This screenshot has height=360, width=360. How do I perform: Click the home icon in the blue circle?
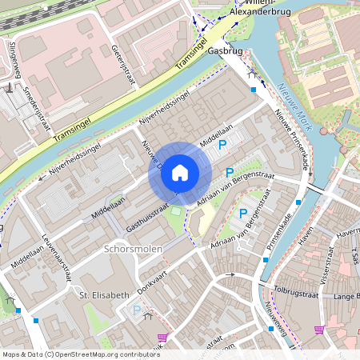(x=180, y=172)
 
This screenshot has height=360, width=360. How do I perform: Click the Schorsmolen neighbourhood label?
(x=133, y=249)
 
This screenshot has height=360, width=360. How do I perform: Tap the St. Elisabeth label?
(x=104, y=295)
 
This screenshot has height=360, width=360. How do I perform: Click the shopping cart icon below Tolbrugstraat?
(x=319, y=330)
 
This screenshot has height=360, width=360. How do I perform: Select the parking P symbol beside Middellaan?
(x=224, y=145)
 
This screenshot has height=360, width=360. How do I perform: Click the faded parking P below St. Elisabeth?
(x=136, y=310)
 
